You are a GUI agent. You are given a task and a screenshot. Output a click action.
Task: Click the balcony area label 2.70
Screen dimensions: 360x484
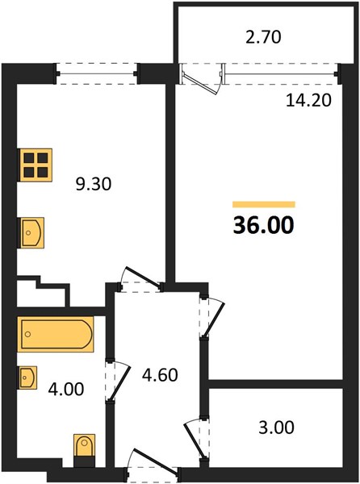pos(263,37)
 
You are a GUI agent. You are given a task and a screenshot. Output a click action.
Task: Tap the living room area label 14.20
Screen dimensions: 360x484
pos(308,100)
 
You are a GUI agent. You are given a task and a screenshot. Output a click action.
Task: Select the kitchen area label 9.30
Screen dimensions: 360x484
pos(94,184)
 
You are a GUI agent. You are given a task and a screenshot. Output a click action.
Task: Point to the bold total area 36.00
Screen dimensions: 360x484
pos(264,225)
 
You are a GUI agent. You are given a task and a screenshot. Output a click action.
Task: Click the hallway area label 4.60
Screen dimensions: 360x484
pos(160,375)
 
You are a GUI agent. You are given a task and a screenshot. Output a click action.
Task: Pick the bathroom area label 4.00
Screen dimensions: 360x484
pos(66,389)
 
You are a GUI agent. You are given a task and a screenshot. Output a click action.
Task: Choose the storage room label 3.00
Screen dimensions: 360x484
pos(276,428)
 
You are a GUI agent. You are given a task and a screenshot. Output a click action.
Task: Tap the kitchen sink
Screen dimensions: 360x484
pos(32,233)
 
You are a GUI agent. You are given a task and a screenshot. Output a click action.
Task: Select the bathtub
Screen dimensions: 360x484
pos(56,334)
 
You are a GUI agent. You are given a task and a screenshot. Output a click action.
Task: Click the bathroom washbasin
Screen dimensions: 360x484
pos(28,378)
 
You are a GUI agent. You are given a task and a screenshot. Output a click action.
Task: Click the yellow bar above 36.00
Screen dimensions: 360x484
pos(264,204)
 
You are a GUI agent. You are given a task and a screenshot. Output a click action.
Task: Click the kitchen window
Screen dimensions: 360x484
pos(97,73)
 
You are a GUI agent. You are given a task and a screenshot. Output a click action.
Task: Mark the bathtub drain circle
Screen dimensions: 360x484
pos(27,334)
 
